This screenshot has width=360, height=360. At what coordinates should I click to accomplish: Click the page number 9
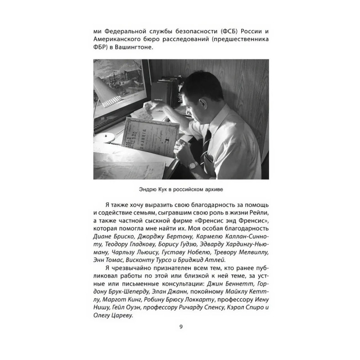180,327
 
